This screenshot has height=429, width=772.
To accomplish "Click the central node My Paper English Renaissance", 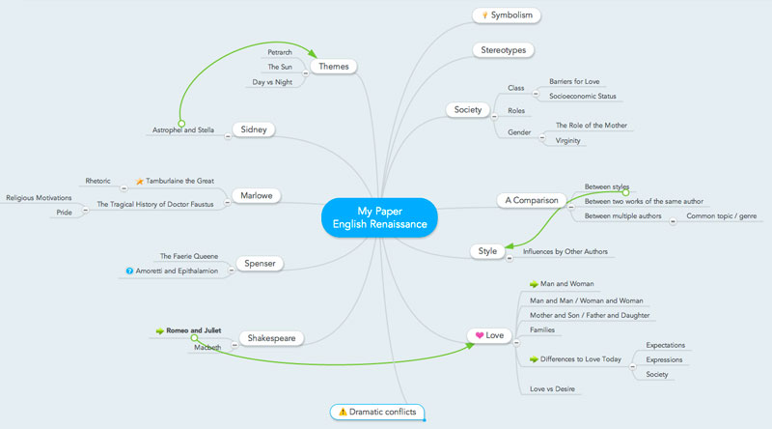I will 379,217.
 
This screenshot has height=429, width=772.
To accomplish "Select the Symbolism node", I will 506,15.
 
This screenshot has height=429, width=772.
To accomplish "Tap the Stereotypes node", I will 502,49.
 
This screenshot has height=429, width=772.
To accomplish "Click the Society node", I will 467,109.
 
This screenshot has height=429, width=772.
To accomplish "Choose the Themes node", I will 335,67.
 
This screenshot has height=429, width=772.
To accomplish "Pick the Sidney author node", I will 255,129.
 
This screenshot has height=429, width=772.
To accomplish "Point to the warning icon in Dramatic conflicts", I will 341,413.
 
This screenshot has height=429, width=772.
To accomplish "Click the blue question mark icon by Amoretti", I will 129,272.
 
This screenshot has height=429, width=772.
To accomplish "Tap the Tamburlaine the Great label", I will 179,181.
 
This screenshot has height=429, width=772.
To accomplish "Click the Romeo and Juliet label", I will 200,330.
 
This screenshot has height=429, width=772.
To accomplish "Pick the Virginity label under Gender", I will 568,141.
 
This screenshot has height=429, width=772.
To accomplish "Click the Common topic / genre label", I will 720,216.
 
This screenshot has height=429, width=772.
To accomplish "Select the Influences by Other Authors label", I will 565,251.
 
